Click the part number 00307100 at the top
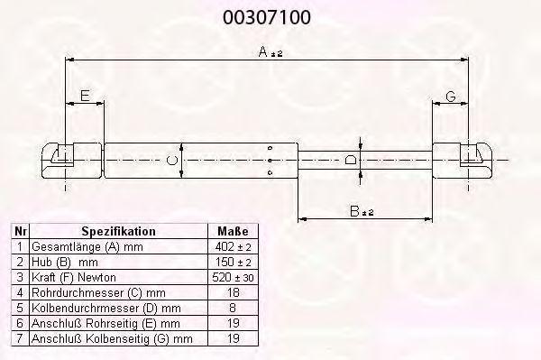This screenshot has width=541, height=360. [x=266, y=17]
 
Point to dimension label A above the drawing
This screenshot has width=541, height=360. [x=263, y=52]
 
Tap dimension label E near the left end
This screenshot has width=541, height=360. [x=85, y=96]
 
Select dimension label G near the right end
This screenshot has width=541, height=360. [x=451, y=97]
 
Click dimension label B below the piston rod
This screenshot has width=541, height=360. [x=354, y=211]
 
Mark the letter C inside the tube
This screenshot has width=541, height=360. [x=171, y=161]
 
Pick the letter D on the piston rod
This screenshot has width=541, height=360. [x=351, y=160]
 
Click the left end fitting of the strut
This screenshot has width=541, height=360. [x=72, y=161]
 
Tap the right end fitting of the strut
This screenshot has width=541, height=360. [x=463, y=161]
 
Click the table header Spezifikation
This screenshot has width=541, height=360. [x=118, y=231]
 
